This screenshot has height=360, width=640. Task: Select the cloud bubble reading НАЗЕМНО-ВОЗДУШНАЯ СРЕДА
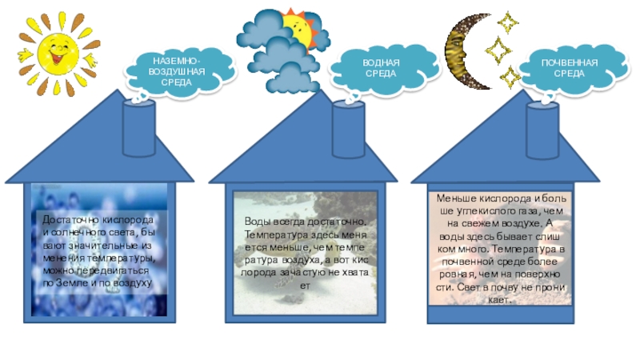click(x=177, y=70)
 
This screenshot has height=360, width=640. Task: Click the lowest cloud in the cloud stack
click(x=289, y=78)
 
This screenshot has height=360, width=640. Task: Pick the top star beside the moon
click(x=506, y=19)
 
